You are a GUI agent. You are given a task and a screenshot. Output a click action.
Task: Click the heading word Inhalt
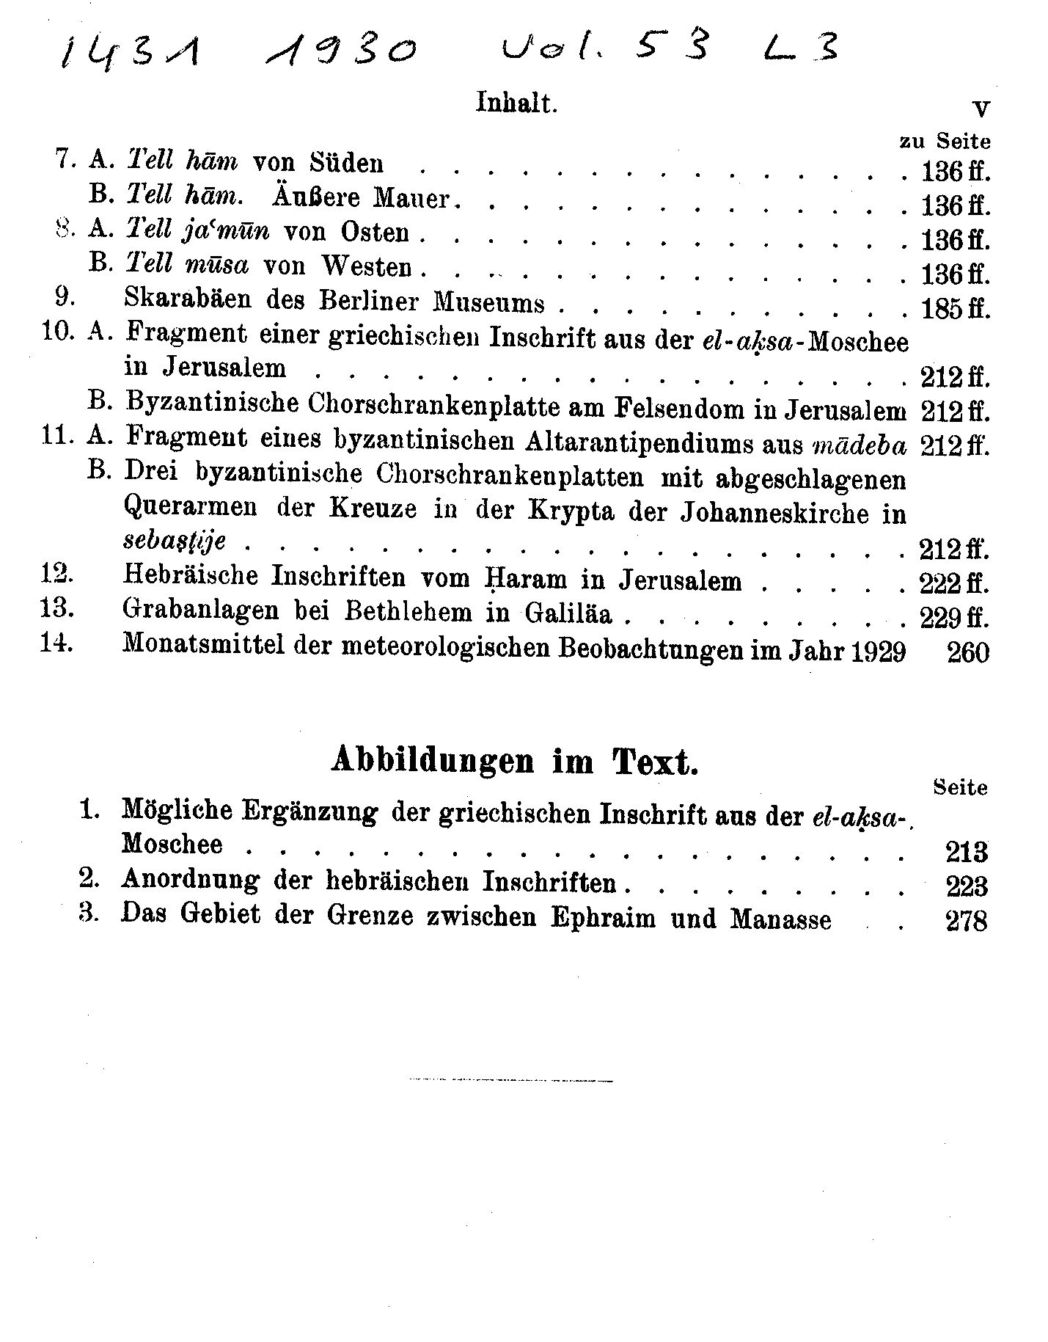[516, 103]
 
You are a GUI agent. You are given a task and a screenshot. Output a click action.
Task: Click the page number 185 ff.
[955, 308]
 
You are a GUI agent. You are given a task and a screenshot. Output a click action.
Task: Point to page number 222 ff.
[954, 584]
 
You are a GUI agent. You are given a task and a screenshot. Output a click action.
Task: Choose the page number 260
[968, 652]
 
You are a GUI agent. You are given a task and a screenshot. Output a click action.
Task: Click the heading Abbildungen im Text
[514, 761]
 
